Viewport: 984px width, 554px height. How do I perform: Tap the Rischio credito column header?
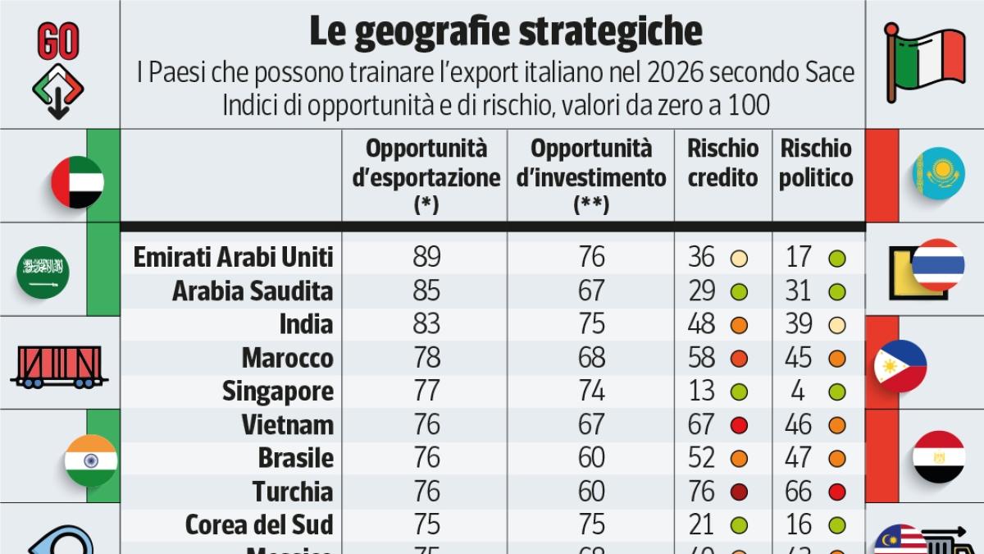coord(722,163)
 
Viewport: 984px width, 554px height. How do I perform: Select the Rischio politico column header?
coord(816,163)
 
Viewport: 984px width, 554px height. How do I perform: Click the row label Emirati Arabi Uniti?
coord(233,257)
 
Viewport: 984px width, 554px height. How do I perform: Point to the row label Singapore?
coord(278,391)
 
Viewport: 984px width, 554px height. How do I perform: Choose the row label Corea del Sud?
coord(259,524)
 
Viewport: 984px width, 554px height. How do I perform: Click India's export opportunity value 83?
coord(427,324)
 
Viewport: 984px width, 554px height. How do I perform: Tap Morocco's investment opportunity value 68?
coord(591,358)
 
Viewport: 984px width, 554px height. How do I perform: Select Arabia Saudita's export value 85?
coord(427,291)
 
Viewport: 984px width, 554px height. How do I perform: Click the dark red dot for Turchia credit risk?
coord(740,492)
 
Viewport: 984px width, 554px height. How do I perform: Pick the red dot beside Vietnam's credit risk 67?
coord(740,425)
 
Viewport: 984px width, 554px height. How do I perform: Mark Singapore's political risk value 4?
coord(798,391)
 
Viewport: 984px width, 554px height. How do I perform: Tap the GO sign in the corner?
coord(58,41)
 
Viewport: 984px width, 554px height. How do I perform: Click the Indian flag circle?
coord(91,460)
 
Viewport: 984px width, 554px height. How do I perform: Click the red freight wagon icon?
coord(58,367)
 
